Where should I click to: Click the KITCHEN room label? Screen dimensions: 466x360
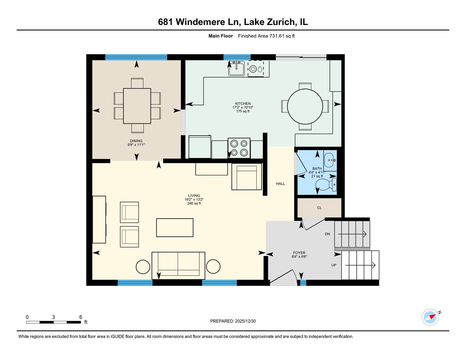[x=243, y=104]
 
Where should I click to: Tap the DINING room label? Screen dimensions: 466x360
[x=136, y=141]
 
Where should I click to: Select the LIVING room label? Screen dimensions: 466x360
[x=194, y=196]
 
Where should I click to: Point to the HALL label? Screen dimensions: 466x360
[x=280, y=184]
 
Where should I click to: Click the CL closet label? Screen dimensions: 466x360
[x=319, y=208]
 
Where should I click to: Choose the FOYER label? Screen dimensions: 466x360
[x=299, y=253]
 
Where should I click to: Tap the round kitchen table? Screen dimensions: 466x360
[x=305, y=107]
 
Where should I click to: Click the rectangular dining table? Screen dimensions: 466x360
[x=137, y=106]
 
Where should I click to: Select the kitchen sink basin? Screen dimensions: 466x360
[x=236, y=68]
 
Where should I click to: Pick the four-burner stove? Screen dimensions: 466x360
[x=239, y=148]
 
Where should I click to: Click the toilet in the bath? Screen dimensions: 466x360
[x=326, y=185]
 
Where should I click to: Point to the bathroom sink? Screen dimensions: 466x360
[x=330, y=160]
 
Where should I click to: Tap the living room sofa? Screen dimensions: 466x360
[x=178, y=266]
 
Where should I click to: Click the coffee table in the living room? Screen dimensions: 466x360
[x=175, y=227]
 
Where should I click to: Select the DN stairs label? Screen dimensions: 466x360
[x=327, y=234]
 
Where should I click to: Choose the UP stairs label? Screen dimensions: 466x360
[x=334, y=265]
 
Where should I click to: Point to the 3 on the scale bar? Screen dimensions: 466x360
[x=53, y=317]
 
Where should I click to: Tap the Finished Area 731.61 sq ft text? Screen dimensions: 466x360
[x=266, y=36]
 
